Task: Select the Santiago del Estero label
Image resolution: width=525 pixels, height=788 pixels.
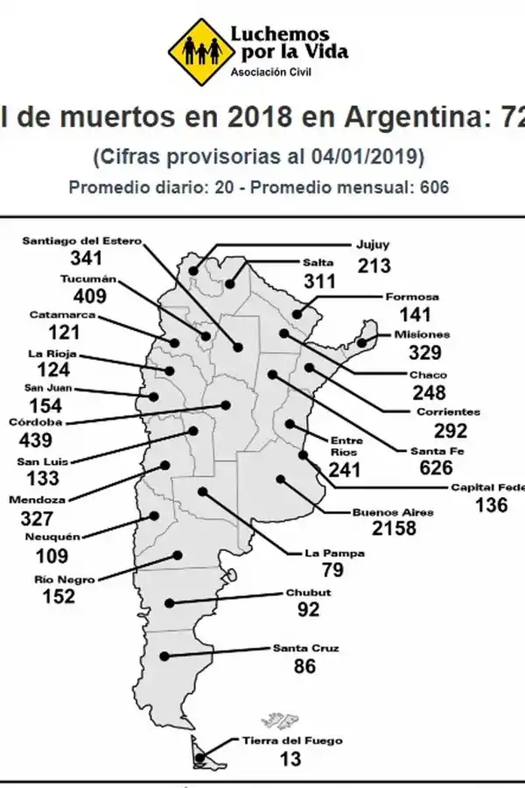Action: click(x=80, y=241)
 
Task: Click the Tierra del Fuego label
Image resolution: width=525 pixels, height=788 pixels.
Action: click(x=291, y=741)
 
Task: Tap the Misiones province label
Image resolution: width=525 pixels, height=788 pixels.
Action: click(x=422, y=334)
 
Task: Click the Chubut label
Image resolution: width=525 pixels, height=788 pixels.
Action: click(x=308, y=593)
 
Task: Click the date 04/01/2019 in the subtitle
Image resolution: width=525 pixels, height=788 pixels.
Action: click(x=364, y=158)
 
